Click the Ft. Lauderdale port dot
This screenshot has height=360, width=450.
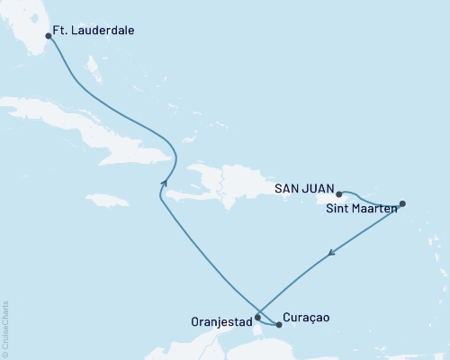[x=48, y=37]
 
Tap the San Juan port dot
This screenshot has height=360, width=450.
[x=338, y=193]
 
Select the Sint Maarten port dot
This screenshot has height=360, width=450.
[x=402, y=203]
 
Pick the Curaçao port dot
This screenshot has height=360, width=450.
[x=278, y=324]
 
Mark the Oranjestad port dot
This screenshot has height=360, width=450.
[x=258, y=317]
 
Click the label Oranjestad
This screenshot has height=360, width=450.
[x=220, y=318]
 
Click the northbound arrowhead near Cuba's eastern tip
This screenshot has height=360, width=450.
[x=165, y=183]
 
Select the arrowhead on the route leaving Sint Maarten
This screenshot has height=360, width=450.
[x=332, y=253]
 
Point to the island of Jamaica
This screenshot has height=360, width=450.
[x=108, y=199]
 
